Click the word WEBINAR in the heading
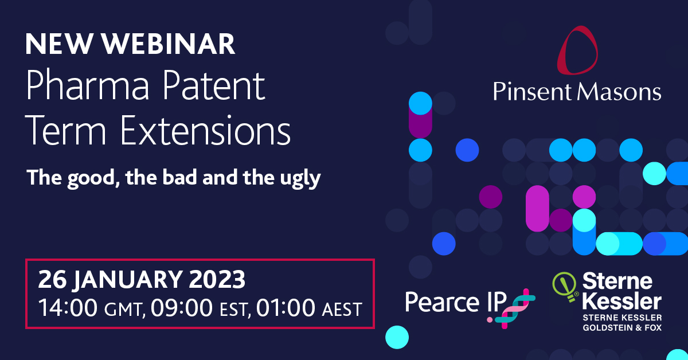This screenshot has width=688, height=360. tap(175, 45)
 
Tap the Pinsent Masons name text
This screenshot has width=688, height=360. tap(577, 91)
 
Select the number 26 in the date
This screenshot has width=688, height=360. tap(50, 280)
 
